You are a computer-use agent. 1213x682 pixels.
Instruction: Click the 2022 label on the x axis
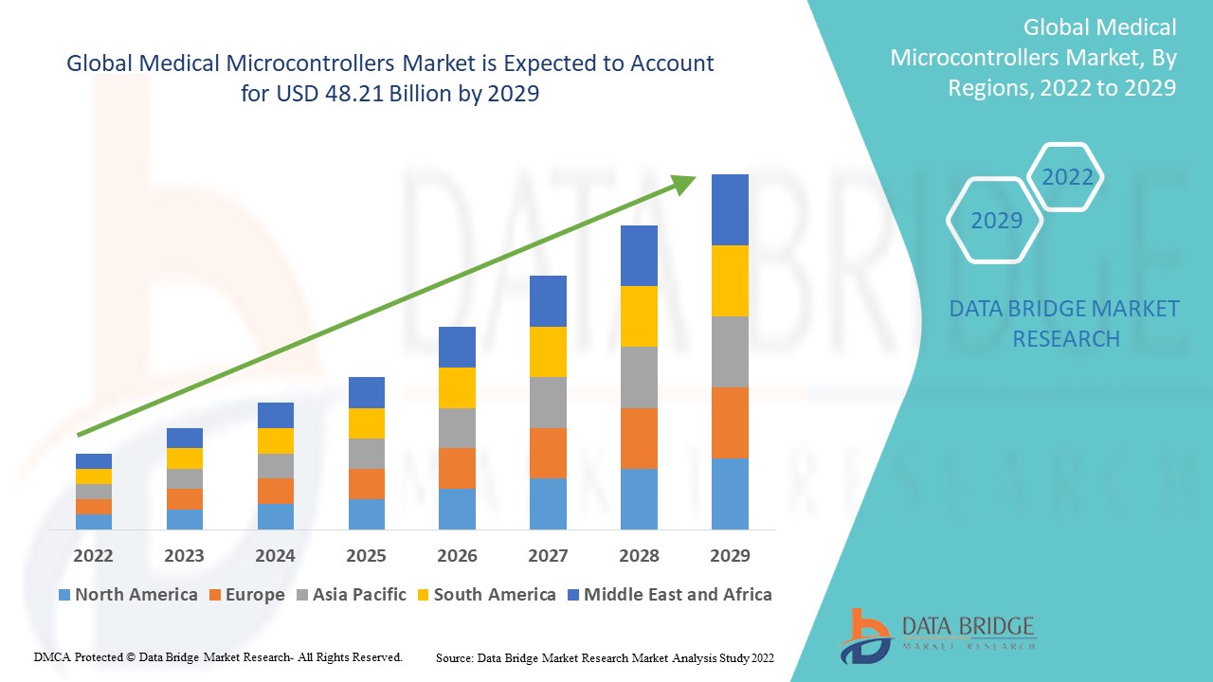[93, 555]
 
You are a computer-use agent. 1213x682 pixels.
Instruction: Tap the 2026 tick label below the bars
[457, 555]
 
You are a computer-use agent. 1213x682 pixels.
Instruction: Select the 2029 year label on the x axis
[730, 555]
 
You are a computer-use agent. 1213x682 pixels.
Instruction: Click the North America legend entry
[128, 595]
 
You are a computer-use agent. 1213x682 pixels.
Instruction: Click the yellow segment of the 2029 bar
[730, 280]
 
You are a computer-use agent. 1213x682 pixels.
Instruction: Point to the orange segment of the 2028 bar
[639, 438]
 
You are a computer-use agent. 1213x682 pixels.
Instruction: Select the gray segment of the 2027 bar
[548, 403]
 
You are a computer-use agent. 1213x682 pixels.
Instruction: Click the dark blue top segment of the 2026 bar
[457, 347]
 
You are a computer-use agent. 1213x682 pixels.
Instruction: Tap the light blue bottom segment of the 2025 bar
[366, 513]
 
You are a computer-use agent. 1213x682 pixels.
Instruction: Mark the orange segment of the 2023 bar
[184, 499]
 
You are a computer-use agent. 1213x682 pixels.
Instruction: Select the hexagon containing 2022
[1066, 177]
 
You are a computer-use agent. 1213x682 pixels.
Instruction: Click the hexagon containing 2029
[995, 221]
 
